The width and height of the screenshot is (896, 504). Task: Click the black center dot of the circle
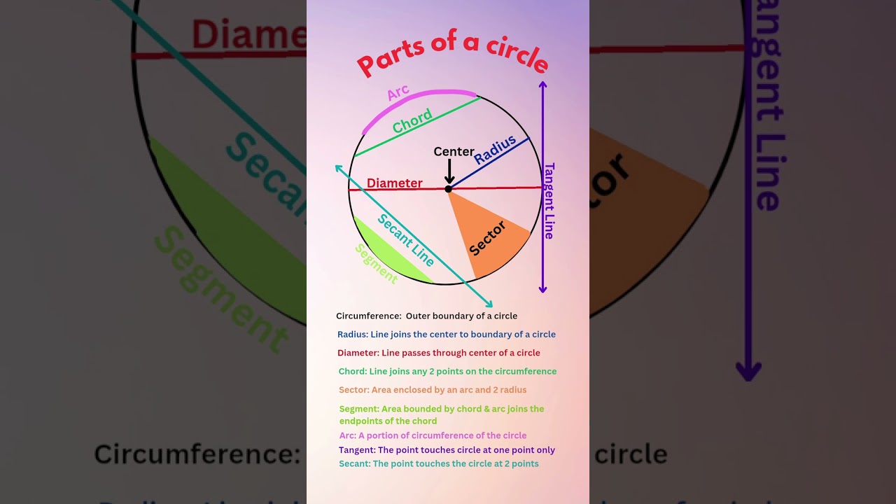click(448, 188)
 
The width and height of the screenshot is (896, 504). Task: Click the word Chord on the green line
click(412, 122)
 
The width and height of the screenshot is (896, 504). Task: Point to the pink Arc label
click(398, 92)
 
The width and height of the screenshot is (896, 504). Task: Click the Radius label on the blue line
click(495, 150)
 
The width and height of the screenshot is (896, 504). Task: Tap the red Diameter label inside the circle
click(395, 183)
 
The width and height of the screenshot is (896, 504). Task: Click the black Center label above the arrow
click(454, 152)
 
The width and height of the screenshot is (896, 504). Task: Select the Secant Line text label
click(406, 239)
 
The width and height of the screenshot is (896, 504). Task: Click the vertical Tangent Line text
click(549, 200)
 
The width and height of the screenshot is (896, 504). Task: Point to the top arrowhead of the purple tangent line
click(542, 85)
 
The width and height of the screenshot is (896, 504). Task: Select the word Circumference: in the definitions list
click(368, 316)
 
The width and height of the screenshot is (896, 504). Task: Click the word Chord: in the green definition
click(353, 372)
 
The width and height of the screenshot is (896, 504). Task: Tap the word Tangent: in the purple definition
click(357, 450)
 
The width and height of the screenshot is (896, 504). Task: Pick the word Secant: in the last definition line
click(355, 463)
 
